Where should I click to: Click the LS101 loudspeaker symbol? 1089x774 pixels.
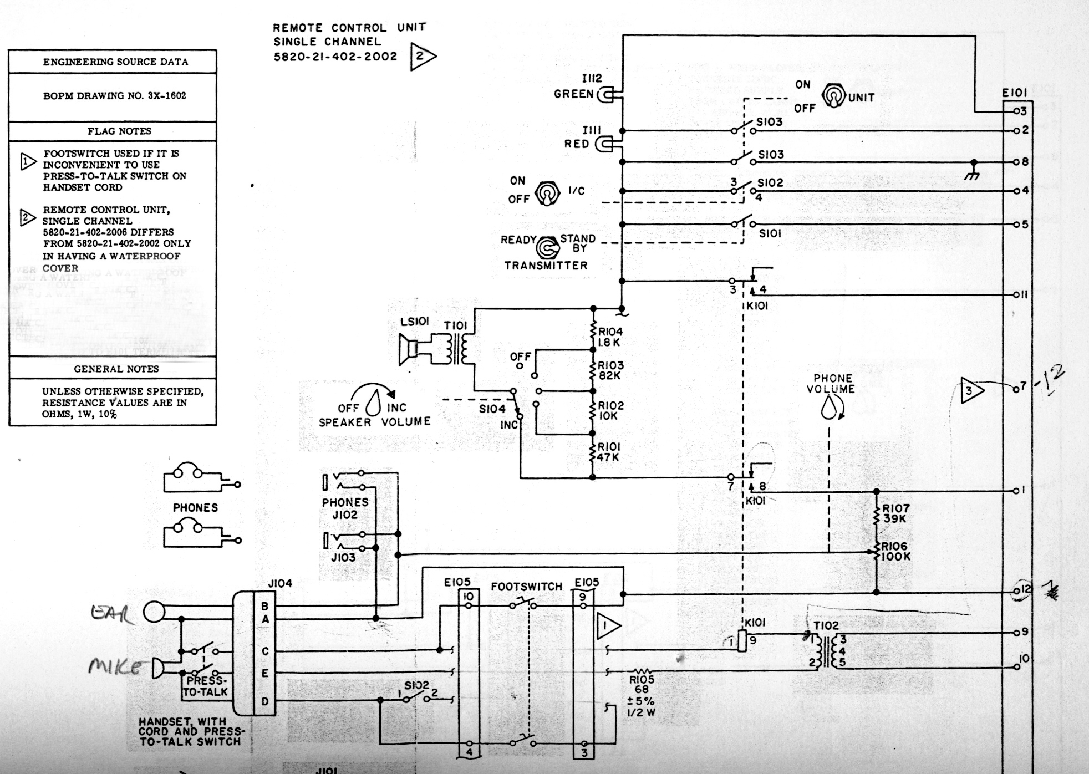[x=409, y=350]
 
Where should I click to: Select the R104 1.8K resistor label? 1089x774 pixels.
[x=610, y=337]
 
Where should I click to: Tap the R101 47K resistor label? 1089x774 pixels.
[x=609, y=452]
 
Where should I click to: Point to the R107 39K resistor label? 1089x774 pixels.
[x=895, y=513]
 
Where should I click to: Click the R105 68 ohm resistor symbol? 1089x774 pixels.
[x=642, y=672]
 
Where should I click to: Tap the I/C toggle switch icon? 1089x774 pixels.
[x=547, y=193]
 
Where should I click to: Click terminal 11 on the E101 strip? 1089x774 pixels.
[x=1017, y=294]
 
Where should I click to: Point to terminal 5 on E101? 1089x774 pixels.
[x=1017, y=225]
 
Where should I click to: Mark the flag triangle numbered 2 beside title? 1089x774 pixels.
[x=421, y=56]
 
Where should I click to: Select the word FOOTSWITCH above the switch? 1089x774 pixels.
[x=526, y=587]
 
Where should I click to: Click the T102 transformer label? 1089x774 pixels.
[x=826, y=625]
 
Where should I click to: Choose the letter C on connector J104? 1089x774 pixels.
[x=265, y=651]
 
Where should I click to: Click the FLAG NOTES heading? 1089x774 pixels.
[x=119, y=131]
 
